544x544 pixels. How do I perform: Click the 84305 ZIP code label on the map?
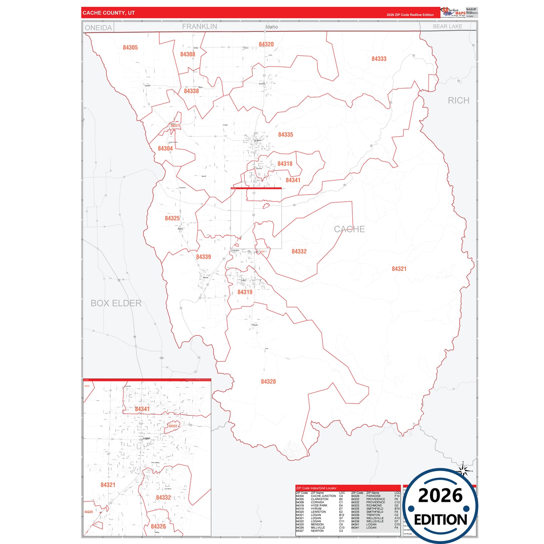tap(130, 47)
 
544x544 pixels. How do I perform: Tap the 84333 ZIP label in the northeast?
tap(379, 59)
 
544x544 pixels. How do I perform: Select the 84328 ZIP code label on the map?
tap(268, 381)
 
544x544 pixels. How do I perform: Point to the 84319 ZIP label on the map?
tap(245, 292)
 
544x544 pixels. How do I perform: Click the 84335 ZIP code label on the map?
tap(285, 134)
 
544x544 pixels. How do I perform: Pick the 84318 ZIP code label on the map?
tap(285, 163)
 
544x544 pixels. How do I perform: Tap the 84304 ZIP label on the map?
tap(165, 148)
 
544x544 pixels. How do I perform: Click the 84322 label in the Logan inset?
tap(173, 426)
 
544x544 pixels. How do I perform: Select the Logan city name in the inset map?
tap(146, 438)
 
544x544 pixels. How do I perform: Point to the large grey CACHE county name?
tap(349, 229)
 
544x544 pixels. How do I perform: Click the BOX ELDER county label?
tap(116, 303)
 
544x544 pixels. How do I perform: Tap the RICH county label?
tap(458, 101)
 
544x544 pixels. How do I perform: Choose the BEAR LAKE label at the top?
tap(447, 26)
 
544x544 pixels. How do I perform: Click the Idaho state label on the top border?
tap(271, 27)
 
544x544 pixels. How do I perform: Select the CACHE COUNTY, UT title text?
tap(108, 13)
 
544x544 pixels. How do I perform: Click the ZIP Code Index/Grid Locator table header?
tap(316, 488)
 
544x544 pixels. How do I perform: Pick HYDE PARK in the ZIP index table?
tap(319, 506)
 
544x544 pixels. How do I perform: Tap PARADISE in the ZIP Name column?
tap(373, 496)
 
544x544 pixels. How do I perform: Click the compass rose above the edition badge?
tap(463, 469)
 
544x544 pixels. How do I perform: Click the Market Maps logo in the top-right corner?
tap(453, 12)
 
